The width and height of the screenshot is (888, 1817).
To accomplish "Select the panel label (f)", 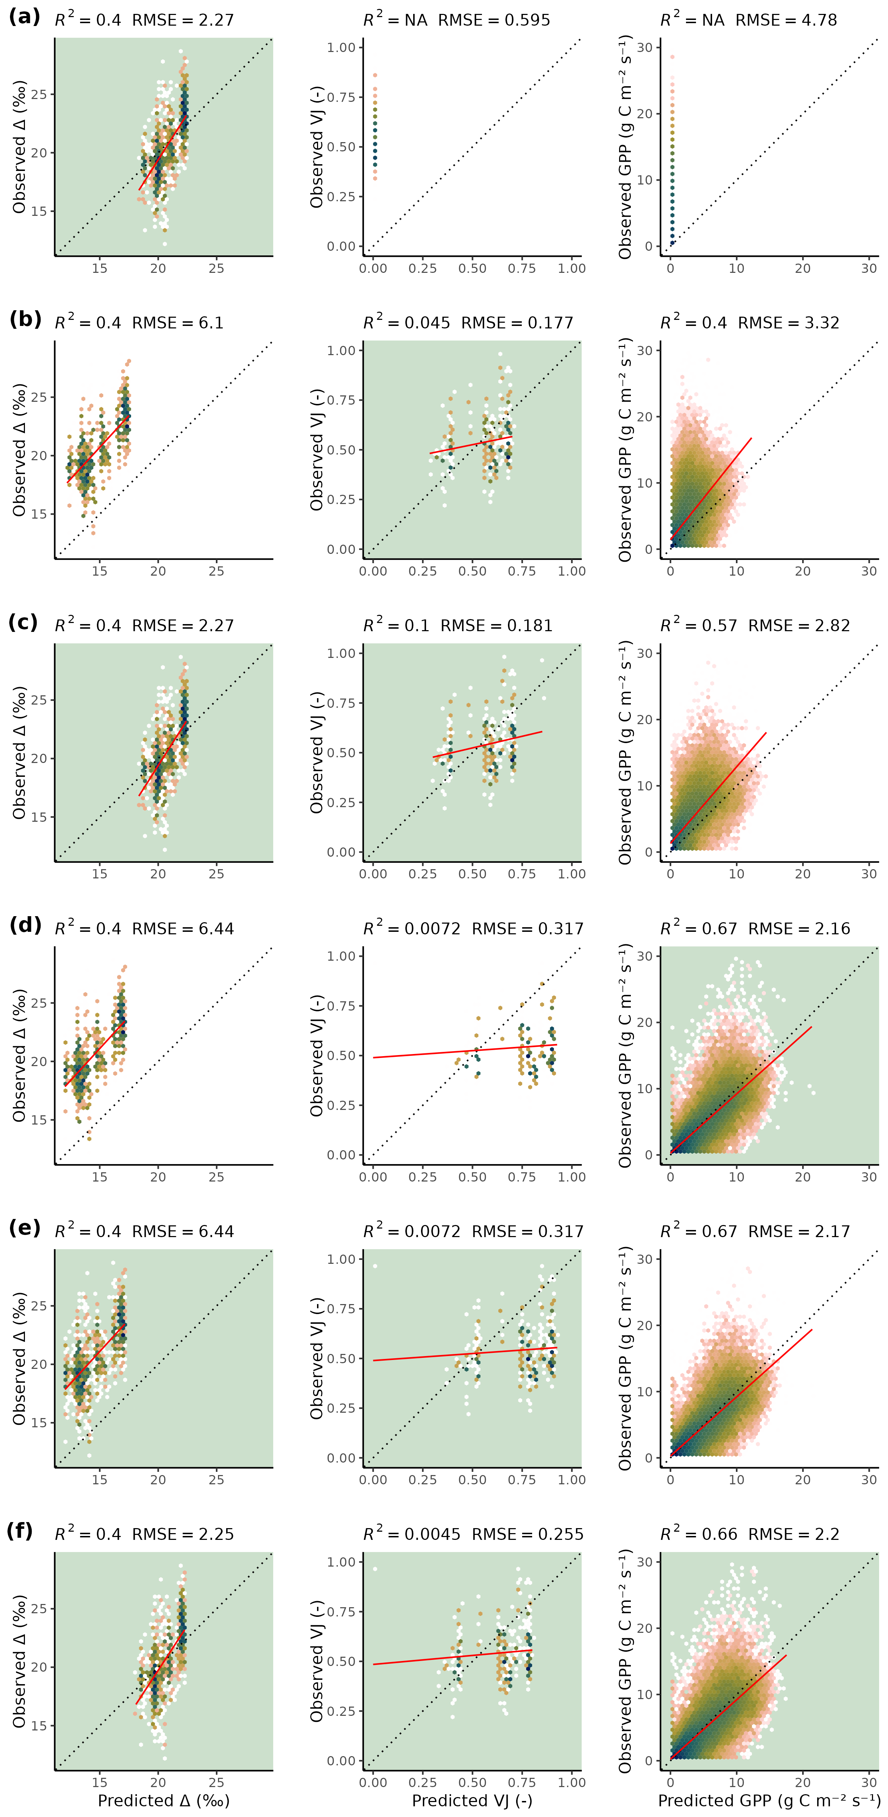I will [x=20, y=1531].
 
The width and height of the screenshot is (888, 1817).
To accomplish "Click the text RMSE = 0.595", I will [x=494, y=20].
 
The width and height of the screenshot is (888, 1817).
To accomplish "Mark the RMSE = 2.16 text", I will [x=799, y=928].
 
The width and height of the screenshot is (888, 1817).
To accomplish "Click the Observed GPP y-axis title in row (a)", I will [x=625, y=148].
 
